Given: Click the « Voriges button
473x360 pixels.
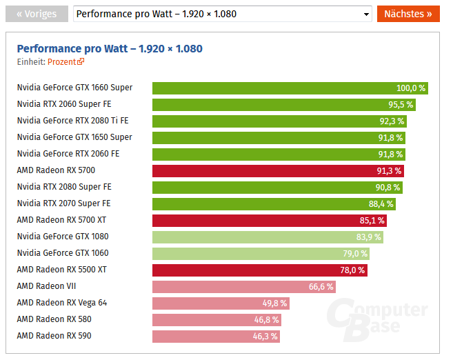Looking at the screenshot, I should [37, 14].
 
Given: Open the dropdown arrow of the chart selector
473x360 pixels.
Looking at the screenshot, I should [366, 14].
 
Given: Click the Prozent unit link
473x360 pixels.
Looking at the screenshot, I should [66, 61].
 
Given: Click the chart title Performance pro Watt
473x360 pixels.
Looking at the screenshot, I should [110, 48].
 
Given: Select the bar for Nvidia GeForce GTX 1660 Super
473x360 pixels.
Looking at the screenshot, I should [290, 88].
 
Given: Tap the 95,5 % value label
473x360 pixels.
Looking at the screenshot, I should [401, 105].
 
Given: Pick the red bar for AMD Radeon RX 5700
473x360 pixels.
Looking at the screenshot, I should [278, 170].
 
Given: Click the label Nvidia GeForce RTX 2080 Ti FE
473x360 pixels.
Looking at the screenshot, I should [72, 121].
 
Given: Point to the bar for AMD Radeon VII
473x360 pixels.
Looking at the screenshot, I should [243, 286].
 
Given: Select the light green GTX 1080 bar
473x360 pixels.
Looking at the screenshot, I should [268, 237].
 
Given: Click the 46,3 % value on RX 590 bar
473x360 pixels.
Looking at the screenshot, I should [265, 337].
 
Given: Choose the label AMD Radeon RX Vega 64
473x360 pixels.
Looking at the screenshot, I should [62, 303].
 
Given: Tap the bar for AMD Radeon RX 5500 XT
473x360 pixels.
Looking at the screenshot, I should [259, 270].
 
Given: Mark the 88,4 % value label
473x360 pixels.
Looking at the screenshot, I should [381, 203].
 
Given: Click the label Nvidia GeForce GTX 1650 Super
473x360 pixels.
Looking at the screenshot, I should [74, 137].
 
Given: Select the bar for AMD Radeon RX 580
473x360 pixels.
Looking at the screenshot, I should [217, 319].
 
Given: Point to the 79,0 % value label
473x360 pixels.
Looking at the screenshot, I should [356, 253].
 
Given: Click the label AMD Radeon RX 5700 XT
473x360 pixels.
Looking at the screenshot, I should [61, 220].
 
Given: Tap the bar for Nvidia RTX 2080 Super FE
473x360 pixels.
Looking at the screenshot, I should [276, 187].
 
